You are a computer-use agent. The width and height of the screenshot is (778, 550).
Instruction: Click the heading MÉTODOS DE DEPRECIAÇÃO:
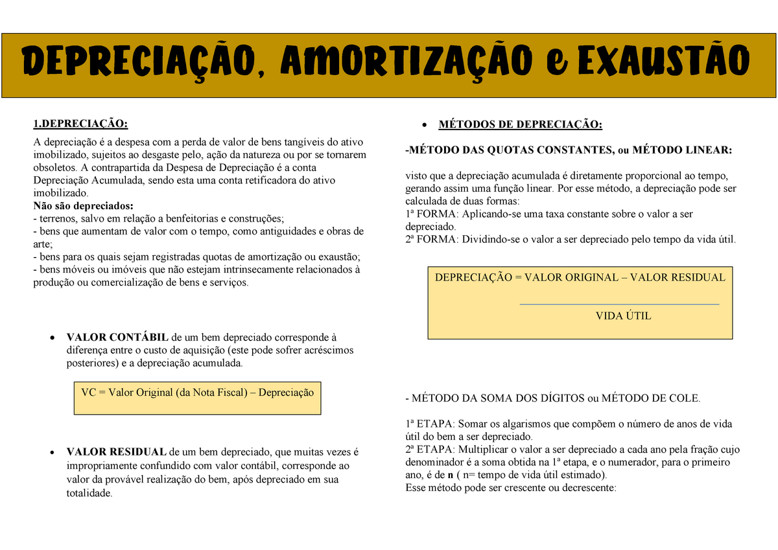[x=520, y=124]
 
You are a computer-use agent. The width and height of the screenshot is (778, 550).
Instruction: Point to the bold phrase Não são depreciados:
[x=82, y=205]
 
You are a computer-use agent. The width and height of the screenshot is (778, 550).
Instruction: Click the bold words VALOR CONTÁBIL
[x=117, y=338]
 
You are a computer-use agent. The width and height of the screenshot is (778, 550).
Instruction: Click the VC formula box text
[x=197, y=393]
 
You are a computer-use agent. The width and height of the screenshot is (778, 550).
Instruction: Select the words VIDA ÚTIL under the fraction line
[x=623, y=316]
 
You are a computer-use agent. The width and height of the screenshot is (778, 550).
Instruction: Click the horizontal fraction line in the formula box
[x=619, y=304]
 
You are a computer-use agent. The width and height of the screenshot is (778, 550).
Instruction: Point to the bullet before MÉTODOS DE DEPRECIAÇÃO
[x=424, y=124]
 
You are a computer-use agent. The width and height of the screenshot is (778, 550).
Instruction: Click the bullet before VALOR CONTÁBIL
[x=51, y=338]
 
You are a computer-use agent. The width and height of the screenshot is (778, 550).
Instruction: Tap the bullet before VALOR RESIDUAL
[x=51, y=452]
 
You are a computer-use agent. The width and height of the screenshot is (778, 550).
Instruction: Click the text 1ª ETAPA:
[x=430, y=424]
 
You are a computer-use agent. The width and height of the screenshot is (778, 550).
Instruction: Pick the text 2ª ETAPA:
[x=430, y=450]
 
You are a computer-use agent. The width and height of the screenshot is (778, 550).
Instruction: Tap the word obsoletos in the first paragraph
[x=55, y=168]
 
